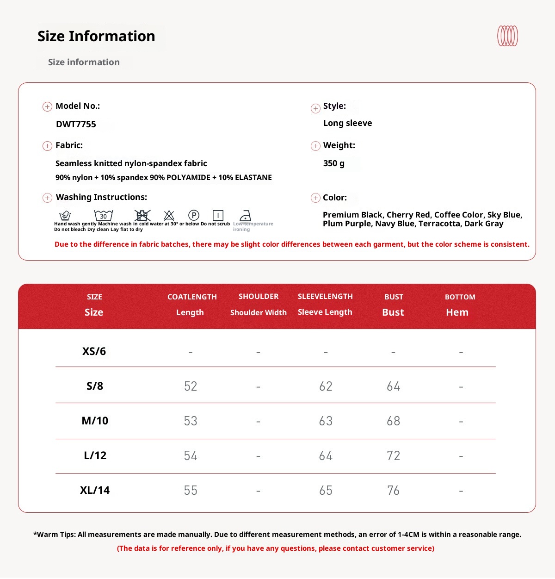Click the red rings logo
[x=507, y=36]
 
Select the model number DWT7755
[x=76, y=124]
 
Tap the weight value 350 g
[x=334, y=163]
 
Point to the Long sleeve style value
[x=347, y=123]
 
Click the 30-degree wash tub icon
[x=104, y=215]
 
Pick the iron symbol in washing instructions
[x=245, y=216]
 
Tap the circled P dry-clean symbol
[x=194, y=215]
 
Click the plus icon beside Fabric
[x=47, y=146]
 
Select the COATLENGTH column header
[x=192, y=297]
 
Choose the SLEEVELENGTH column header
[x=325, y=296]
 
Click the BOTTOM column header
[x=460, y=297]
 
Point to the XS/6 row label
[x=94, y=351]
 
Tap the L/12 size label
[x=95, y=455]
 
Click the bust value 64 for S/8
[x=393, y=386]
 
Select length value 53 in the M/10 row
[x=191, y=421]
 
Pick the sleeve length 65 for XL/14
[x=326, y=491]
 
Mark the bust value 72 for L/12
[x=393, y=456]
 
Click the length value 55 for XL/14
[x=191, y=491]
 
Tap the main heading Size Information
[x=96, y=36]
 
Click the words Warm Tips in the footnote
[x=55, y=535]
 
